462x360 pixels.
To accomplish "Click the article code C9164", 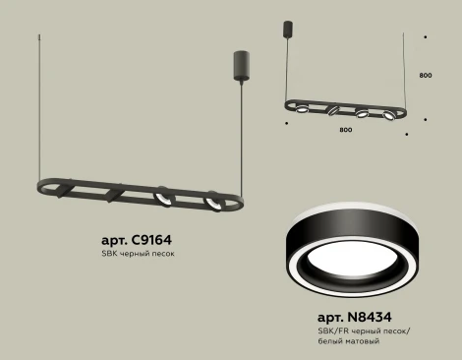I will [x=157, y=239].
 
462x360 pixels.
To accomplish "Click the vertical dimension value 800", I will [x=425, y=75].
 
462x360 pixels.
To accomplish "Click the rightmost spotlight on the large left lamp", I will [x=210, y=203].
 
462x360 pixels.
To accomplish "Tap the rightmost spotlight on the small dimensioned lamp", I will [x=390, y=116].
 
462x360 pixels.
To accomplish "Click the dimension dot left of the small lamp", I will [x=285, y=124].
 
